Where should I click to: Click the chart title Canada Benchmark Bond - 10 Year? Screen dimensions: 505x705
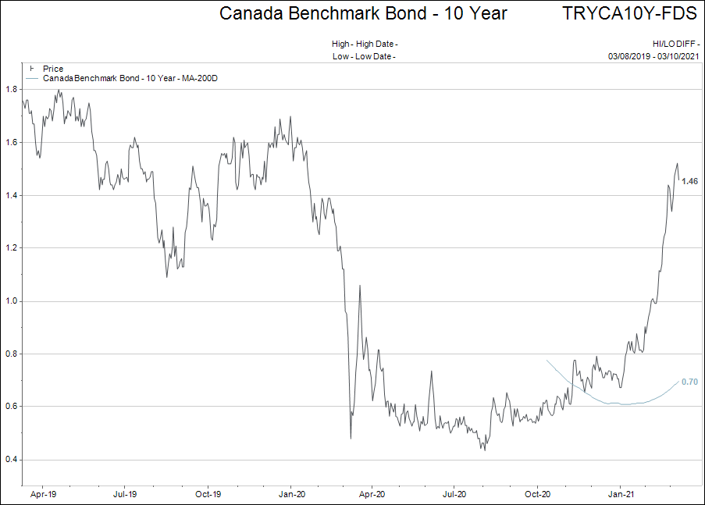click(x=363, y=13)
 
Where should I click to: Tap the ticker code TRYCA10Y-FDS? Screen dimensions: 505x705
click(x=629, y=13)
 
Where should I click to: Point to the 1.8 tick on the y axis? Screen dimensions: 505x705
click(x=11, y=89)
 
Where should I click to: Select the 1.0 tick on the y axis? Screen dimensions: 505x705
click(x=11, y=301)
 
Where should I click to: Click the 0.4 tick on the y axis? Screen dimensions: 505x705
click(x=11, y=460)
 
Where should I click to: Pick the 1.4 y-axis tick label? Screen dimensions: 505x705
click(x=11, y=195)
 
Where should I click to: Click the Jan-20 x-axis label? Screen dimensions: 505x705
click(x=291, y=494)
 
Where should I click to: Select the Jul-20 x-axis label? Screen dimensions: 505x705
click(x=454, y=494)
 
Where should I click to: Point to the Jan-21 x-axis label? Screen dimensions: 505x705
click(x=621, y=494)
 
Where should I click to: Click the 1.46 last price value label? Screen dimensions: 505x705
click(x=689, y=181)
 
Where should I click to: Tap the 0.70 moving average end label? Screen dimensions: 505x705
click(x=689, y=382)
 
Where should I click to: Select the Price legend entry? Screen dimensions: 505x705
click(x=53, y=69)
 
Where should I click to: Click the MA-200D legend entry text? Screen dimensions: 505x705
click(x=129, y=79)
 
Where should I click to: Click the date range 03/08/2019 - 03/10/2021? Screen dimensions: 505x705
click(x=653, y=56)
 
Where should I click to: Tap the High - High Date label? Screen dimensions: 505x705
click(x=364, y=44)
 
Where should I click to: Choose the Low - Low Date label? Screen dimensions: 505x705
click(x=364, y=56)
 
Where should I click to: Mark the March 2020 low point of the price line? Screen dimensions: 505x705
click(x=351, y=438)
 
